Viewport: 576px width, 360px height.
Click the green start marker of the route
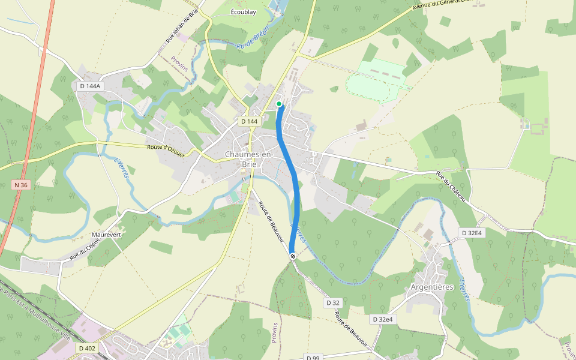click(x=279, y=104)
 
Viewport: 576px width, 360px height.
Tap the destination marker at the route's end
click(x=293, y=256)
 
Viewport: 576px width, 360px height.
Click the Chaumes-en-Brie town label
click(x=248, y=159)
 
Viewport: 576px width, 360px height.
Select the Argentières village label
click(x=431, y=287)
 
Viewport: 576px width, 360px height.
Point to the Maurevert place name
click(x=106, y=235)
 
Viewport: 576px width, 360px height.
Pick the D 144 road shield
click(x=249, y=121)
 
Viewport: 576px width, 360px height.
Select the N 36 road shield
click(x=20, y=185)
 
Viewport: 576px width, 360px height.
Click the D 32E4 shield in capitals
click(x=471, y=232)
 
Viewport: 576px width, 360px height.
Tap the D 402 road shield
click(x=87, y=348)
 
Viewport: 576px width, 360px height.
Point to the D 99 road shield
click(x=313, y=358)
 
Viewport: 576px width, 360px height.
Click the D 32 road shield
click(x=334, y=303)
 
